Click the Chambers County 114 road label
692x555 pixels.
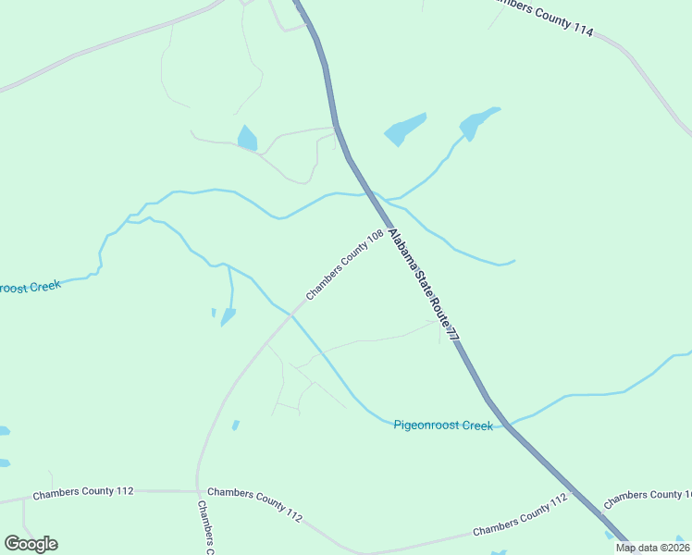[x=539, y=18]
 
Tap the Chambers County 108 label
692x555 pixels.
[x=344, y=265]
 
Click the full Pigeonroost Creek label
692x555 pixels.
[x=443, y=425]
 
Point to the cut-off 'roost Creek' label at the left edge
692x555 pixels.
[x=30, y=288]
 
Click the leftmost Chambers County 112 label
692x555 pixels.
[x=83, y=493]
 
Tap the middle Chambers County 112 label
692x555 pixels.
[x=254, y=504]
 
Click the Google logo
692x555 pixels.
[x=31, y=544]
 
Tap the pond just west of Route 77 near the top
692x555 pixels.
[x=246, y=139]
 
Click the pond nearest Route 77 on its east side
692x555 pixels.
[x=405, y=129]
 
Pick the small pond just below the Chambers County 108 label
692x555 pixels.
[x=228, y=316]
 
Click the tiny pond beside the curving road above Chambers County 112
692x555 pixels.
[x=235, y=425]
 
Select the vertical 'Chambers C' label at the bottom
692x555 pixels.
[x=205, y=527]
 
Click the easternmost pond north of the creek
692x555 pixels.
[x=478, y=123]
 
